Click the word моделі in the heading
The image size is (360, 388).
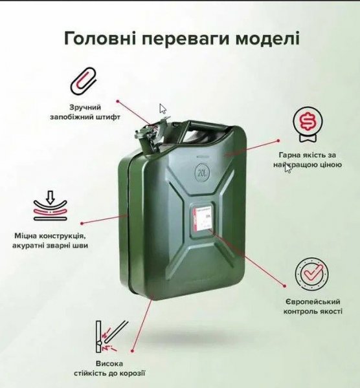point(267,38)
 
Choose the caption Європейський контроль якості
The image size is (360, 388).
point(313,307)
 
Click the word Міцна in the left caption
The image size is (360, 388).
point(27,235)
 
